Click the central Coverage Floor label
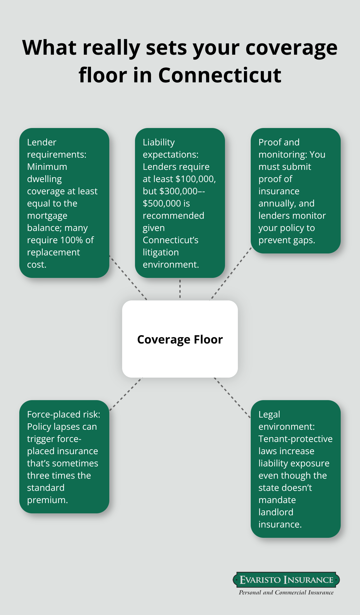pyautogui.click(x=180, y=340)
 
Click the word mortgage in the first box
pyautogui.click(x=47, y=216)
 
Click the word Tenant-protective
pyautogui.click(x=295, y=439)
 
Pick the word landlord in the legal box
pyautogui.click(x=276, y=512)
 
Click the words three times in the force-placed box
pyautogui.click(x=59, y=475)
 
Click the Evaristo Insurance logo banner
pyautogui.click(x=286, y=580)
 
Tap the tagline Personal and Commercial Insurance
pyautogui.click(x=286, y=592)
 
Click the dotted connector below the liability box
pyautogui.click(x=180, y=289)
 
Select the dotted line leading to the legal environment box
pyautogui.click(x=232, y=398)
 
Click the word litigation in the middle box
pyautogui.click(x=161, y=252)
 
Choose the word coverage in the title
pyautogui.click(x=291, y=48)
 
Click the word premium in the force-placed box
pyautogui.click(x=47, y=500)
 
